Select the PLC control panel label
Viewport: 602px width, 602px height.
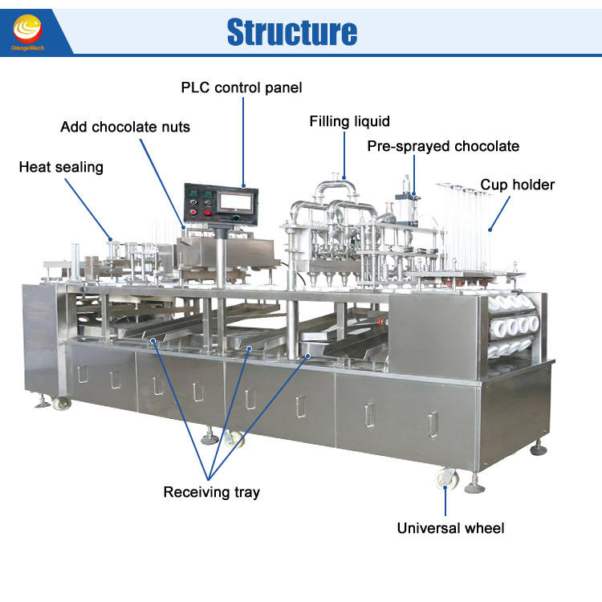pos(242,87)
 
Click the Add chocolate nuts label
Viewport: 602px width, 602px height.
pos(125,127)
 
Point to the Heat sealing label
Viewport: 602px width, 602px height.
pos(61,167)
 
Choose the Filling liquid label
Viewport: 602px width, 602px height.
pos(350,122)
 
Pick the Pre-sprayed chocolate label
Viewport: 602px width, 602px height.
pos(443,146)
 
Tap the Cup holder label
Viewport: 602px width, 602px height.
pos(518,185)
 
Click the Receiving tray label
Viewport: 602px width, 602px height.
pos(211,492)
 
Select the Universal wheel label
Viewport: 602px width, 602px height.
pos(451,528)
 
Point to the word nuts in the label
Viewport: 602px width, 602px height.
pos(174,127)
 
